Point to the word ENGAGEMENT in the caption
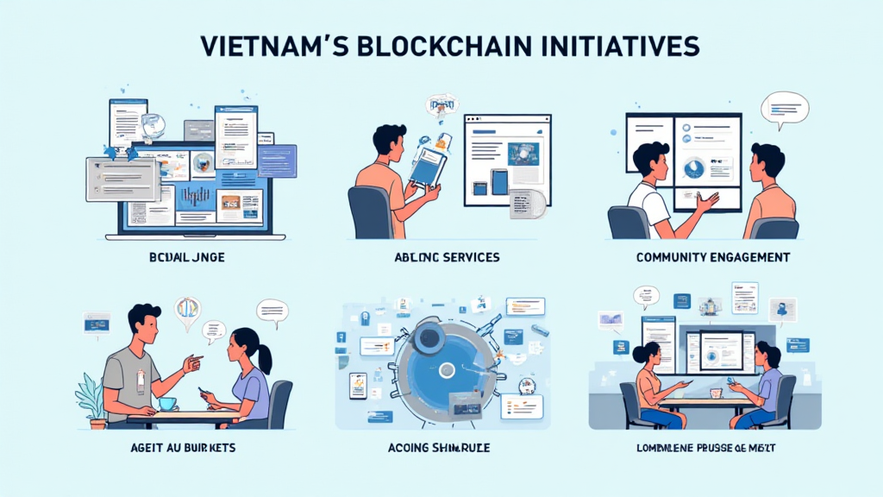(749, 258)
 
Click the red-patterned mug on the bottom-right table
(716, 393)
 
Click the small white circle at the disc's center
(447, 370)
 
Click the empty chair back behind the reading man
(368, 212)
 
